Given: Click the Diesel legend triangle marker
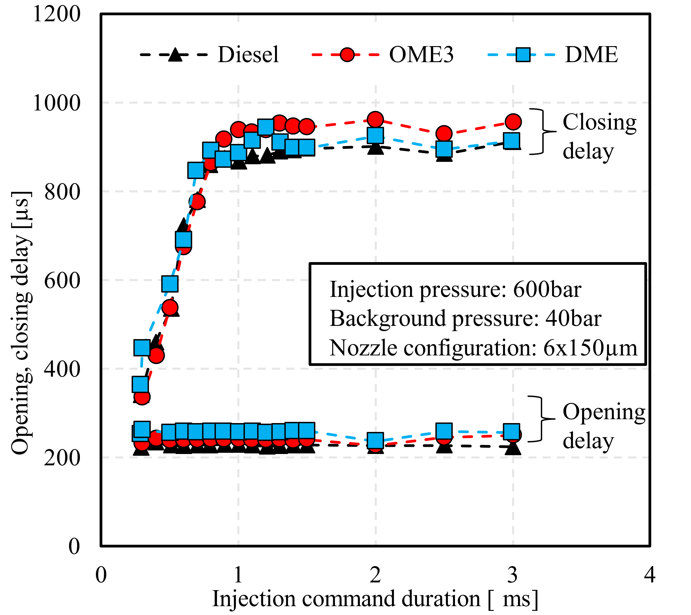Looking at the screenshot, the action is (175, 54).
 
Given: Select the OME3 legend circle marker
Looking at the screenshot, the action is (347, 54).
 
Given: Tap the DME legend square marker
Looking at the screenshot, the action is (523, 54).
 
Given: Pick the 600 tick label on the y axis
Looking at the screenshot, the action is (62, 280).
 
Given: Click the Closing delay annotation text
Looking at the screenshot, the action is (599, 136).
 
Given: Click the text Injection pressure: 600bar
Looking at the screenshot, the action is (455, 290).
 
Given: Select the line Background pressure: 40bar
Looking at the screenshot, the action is (465, 319).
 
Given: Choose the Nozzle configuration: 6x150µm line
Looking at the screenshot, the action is (483, 348).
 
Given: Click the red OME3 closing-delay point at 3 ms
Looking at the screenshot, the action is (513, 122).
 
